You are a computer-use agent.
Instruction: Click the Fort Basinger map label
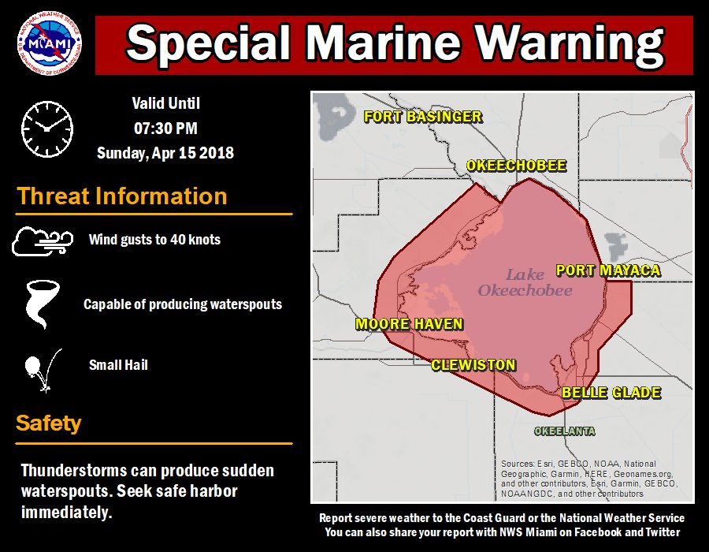[x=422, y=117]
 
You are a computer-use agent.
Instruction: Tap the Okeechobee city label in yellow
[x=516, y=166]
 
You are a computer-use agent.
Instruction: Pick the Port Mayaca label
[x=607, y=270]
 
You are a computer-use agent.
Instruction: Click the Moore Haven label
[x=409, y=324]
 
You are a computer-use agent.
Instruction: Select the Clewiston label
[x=473, y=365]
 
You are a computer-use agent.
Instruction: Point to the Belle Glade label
[x=611, y=393]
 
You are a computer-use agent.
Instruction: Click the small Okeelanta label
[x=564, y=431]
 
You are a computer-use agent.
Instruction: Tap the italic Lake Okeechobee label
[x=525, y=282]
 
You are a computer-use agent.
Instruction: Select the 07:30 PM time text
[x=165, y=128]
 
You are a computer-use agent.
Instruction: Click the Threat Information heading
[x=122, y=196]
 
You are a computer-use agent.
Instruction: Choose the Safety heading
[x=49, y=423]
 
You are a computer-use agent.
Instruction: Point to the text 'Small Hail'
[x=118, y=365]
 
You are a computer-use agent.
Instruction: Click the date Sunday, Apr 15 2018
[x=165, y=153]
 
